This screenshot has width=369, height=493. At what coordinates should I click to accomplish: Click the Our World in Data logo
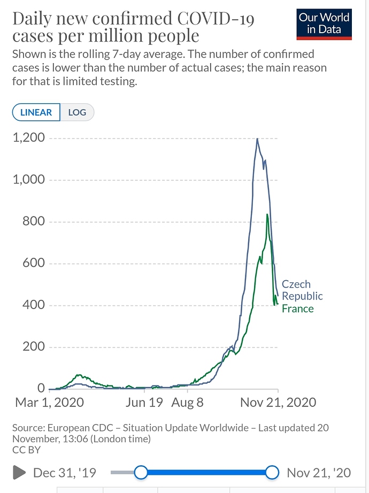[x=325, y=24]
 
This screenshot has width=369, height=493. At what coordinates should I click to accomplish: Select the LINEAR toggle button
[x=36, y=112]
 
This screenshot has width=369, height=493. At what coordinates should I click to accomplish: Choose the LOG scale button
[x=77, y=112]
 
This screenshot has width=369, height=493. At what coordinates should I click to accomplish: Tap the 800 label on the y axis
[x=34, y=221]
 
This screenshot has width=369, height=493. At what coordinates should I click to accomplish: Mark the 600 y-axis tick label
[x=34, y=263]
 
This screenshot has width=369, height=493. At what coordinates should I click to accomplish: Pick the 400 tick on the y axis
[x=34, y=305]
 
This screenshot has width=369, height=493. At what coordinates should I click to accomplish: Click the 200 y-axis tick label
[x=34, y=346]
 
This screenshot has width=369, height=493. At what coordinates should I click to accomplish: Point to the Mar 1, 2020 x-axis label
[x=49, y=402]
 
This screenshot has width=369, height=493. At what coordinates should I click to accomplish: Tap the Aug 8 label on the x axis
[x=187, y=402]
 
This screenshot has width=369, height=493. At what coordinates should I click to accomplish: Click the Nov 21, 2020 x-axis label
[x=278, y=402]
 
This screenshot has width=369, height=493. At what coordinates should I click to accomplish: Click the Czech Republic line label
[x=302, y=290]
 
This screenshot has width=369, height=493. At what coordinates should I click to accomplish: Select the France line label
[x=297, y=309]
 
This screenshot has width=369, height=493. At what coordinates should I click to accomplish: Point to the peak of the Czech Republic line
[x=257, y=138]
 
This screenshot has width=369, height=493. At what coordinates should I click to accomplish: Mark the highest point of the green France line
[x=267, y=214]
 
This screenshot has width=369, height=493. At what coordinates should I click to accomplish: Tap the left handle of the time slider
[x=141, y=472]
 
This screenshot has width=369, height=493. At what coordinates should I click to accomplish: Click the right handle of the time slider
[x=272, y=472]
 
